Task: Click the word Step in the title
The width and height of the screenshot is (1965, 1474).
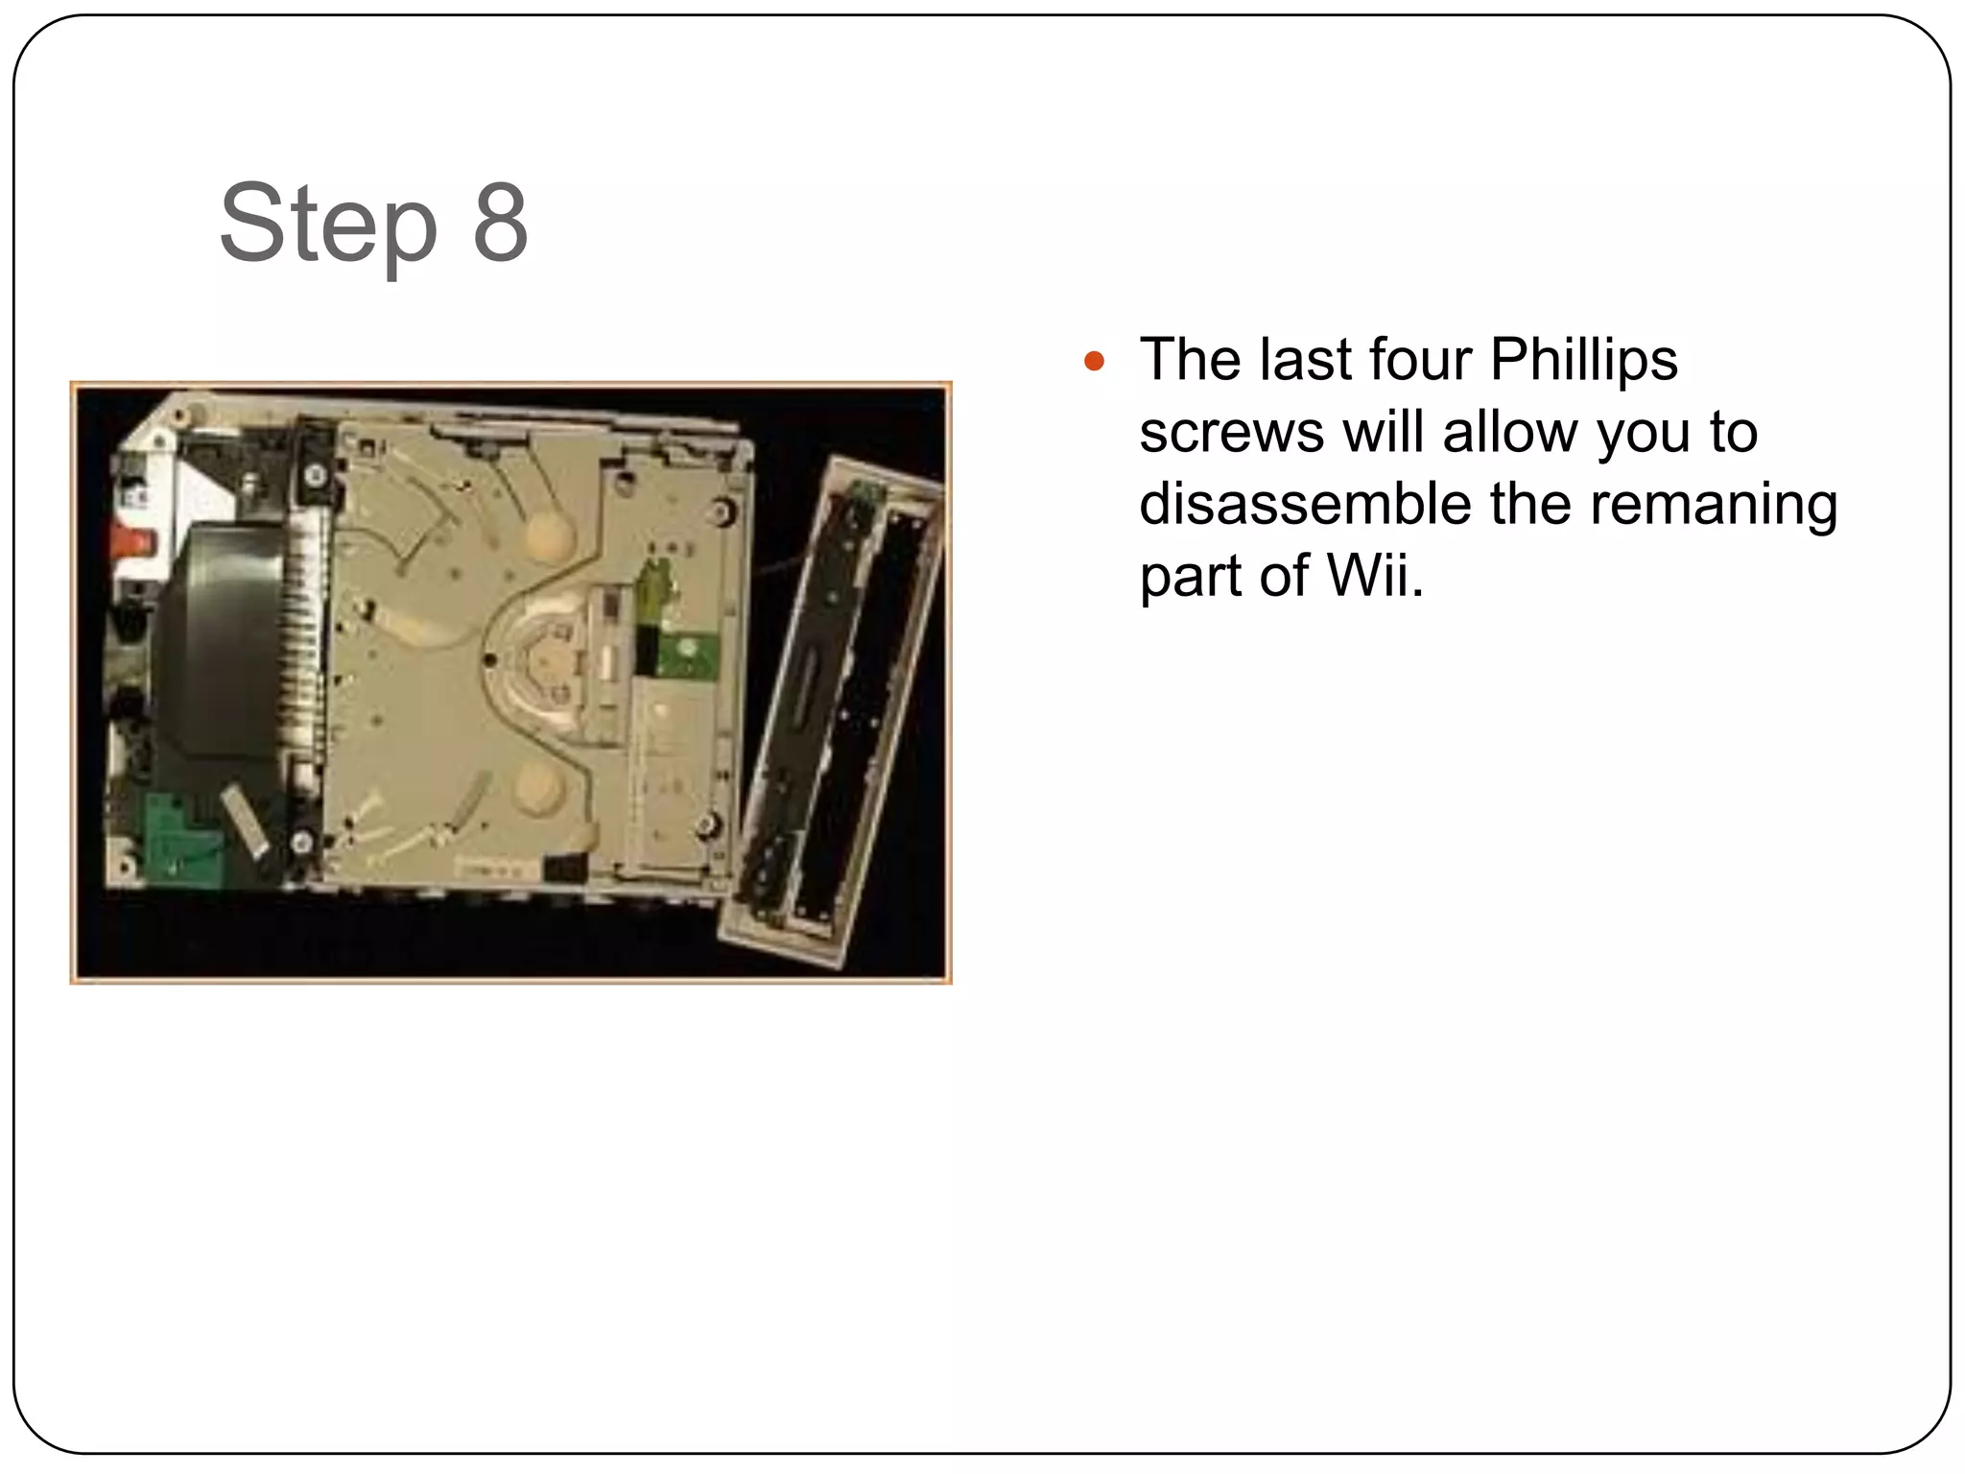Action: coord(327,225)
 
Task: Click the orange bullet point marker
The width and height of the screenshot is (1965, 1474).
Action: coord(1095,363)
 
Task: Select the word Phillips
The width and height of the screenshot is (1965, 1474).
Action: coord(1583,361)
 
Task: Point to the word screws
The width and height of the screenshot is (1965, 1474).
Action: coord(1231,433)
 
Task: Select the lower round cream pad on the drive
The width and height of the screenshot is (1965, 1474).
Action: coord(538,789)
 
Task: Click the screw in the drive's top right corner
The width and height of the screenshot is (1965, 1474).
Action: coord(718,511)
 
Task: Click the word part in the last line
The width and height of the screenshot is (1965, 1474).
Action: coord(1190,578)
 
